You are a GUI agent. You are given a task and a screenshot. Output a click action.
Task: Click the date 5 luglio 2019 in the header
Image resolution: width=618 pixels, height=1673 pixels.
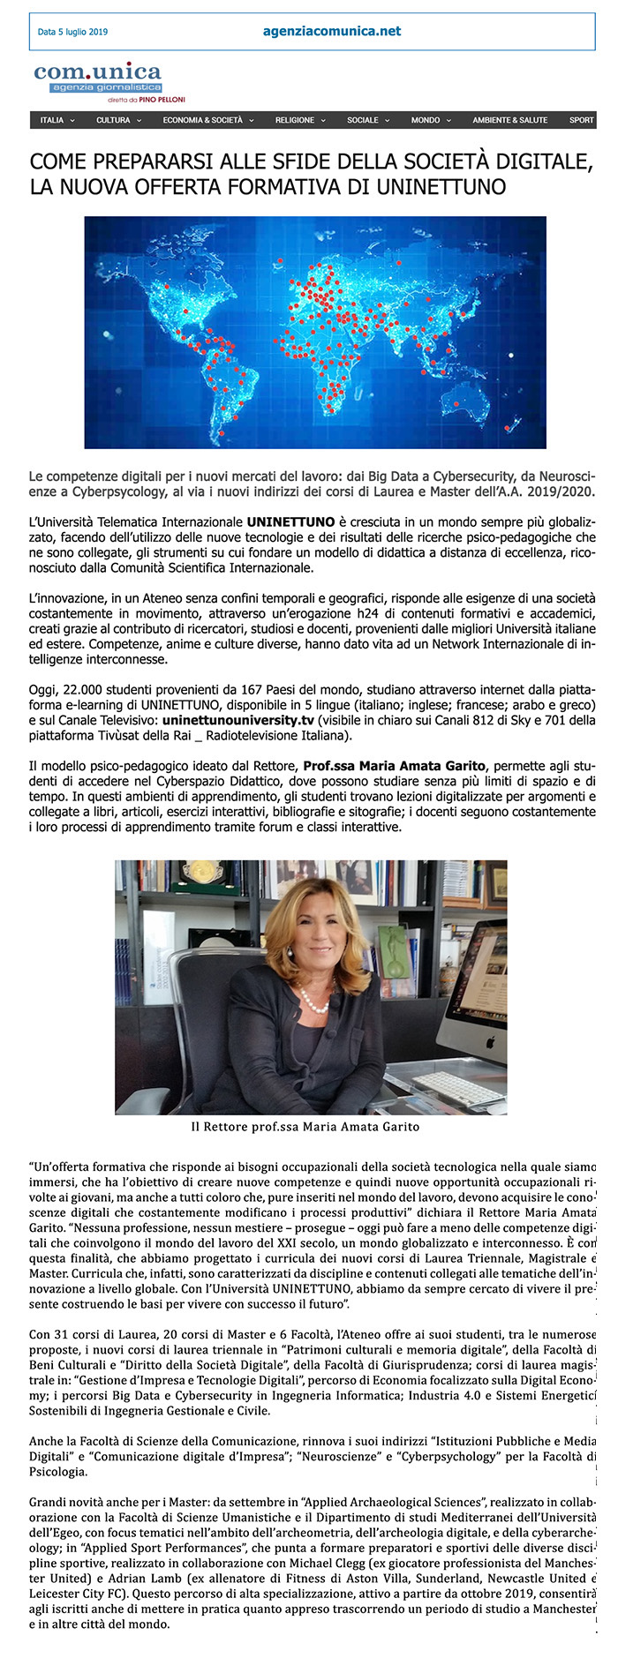tap(72, 33)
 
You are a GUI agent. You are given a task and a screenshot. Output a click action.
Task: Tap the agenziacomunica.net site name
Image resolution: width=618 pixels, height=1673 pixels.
tap(332, 31)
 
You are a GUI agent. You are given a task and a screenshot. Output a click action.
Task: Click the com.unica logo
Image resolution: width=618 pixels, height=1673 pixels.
tap(98, 77)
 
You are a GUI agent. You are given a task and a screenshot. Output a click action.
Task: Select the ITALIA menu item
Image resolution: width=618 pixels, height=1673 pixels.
tap(52, 120)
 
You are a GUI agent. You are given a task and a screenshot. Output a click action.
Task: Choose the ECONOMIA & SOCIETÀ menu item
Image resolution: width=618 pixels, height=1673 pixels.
tap(202, 120)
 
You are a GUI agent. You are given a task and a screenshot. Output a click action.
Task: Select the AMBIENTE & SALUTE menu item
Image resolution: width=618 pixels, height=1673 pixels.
tap(509, 120)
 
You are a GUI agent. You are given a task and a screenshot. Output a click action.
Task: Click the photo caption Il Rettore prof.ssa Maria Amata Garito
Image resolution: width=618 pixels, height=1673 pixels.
tap(305, 1127)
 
